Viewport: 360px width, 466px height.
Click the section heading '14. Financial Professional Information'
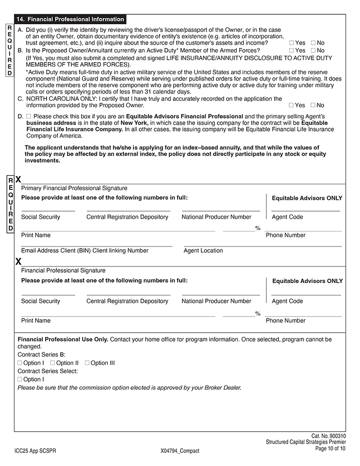click(x=70, y=19)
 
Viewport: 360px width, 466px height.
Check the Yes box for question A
click(x=291, y=43)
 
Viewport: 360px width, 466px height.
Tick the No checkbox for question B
click(x=313, y=50)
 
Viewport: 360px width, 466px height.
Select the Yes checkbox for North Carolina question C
click(x=291, y=105)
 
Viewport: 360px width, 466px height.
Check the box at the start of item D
click(x=28, y=116)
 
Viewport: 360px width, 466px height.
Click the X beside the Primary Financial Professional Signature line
click(x=18, y=180)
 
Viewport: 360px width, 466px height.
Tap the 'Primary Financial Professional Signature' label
click(x=74, y=188)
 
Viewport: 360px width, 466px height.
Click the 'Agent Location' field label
click(x=203, y=250)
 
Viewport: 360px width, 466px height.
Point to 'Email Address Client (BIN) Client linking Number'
click(x=84, y=250)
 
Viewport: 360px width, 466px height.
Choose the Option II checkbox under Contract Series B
click(x=52, y=363)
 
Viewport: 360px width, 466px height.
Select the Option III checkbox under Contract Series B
click(x=87, y=363)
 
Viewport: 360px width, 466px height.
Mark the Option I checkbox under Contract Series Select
click(x=20, y=379)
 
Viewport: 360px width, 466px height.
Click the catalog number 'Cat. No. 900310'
click(x=328, y=436)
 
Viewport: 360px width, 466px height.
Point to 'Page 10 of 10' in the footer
click(x=330, y=449)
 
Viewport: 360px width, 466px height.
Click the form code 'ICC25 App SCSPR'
click(x=35, y=450)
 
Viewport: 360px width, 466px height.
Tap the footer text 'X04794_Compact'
click(x=180, y=450)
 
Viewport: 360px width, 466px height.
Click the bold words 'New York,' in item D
click(x=134, y=123)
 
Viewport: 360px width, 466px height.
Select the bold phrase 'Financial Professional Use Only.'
click(x=63, y=339)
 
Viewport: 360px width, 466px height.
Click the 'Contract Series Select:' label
click(x=48, y=371)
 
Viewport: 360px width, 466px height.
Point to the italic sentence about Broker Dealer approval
click(x=129, y=387)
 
